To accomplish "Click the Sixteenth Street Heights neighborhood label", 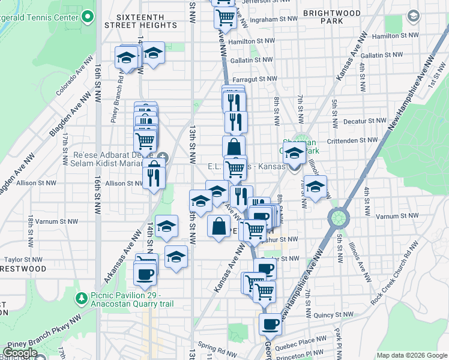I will point(140,21).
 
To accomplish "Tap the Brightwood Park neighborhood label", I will point(332,17).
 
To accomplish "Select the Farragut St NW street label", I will point(255,79).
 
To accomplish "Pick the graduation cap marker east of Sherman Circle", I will point(315,187).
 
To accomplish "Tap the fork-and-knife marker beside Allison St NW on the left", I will point(154,178).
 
